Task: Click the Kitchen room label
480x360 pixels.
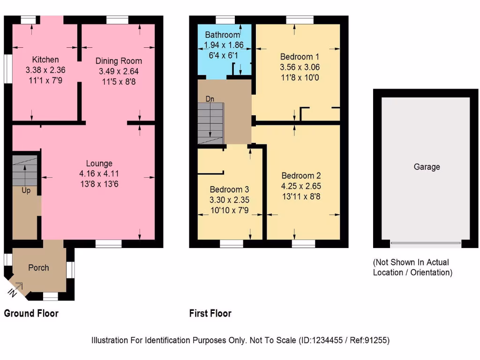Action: pyautogui.click(x=45, y=60)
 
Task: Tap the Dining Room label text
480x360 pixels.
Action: pyautogui.click(x=119, y=61)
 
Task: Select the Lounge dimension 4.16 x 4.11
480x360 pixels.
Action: pyautogui.click(x=99, y=174)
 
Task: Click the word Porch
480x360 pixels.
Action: pyautogui.click(x=38, y=268)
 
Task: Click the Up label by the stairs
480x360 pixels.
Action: pyautogui.click(x=26, y=191)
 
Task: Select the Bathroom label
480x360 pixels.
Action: pyautogui.click(x=223, y=35)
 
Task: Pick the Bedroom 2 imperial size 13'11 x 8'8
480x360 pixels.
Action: pyautogui.click(x=301, y=196)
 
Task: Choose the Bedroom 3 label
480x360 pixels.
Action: pyautogui.click(x=229, y=190)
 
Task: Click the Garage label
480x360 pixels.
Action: pyautogui.click(x=427, y=167)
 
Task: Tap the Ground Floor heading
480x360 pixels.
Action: pyautogui.click(x=31, y=313)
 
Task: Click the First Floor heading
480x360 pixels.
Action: pyautogui.click(x=210, y=313)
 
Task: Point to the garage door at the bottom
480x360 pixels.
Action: pyautogui.click(x=426, y=243)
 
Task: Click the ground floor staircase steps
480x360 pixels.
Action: pyautogui.click(x=24, y=170)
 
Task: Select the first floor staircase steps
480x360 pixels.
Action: pyautogui.click(x=210, y=123)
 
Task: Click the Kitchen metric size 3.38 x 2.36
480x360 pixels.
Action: pyautogui.click(x=45, y=70)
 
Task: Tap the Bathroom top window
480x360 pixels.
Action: pyautogui.click(x=225, y=20)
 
